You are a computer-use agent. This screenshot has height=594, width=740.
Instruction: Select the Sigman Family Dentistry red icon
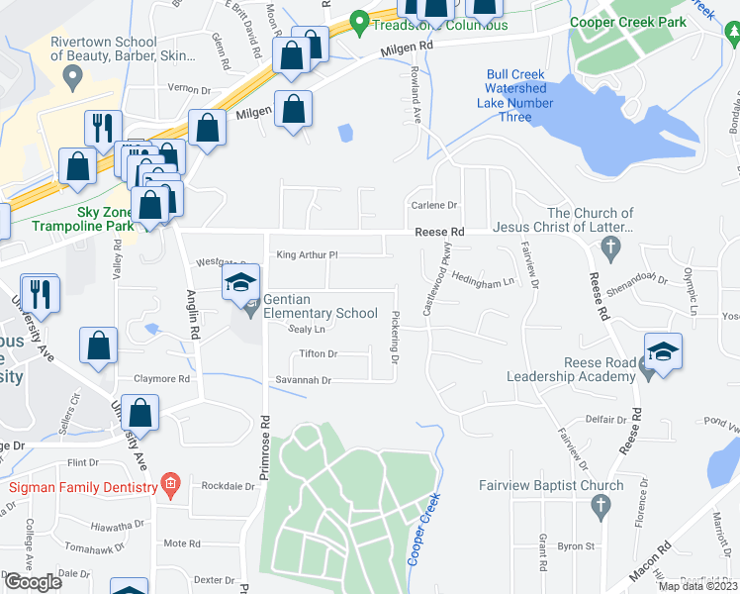[170, 485]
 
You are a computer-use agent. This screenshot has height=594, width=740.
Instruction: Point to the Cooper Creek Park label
[626, 21]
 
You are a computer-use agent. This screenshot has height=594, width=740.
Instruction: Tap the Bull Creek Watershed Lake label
[516, 96]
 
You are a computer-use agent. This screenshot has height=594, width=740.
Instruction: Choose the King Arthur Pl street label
[307, 254]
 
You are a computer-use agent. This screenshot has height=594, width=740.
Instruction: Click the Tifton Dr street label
[318, 353]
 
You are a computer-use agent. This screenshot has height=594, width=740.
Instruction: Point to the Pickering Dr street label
[394, 339]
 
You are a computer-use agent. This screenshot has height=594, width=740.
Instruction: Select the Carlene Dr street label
[434, 206]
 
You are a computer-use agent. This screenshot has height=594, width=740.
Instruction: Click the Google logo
[33, 582]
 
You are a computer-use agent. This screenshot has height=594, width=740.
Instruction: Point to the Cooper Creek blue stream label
[422, 529]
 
